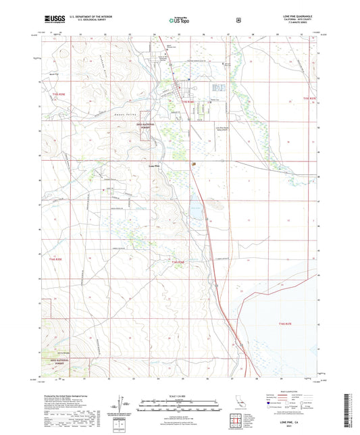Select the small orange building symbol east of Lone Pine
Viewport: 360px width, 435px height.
click(x=194, y=163)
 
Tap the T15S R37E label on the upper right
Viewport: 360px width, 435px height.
click(x=310, y=99)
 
